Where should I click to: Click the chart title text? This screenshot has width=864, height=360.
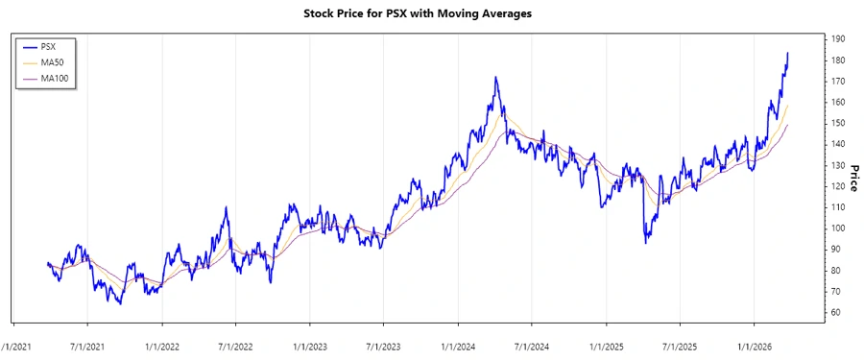pos(417,14)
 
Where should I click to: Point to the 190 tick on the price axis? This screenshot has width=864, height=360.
pos(839,38)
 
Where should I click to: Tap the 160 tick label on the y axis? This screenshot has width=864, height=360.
pos(839,102)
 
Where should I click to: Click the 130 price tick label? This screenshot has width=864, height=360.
pos(839,165)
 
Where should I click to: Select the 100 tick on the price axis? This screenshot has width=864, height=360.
pos(839,228)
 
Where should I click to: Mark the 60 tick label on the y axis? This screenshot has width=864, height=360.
pos(839,313)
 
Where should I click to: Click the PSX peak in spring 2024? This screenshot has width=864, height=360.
pos(495,78)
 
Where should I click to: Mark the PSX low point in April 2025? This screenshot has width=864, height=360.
pos(645,243)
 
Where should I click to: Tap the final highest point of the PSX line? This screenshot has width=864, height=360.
pos(788,53)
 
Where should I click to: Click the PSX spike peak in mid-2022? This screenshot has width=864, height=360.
pos(227,207)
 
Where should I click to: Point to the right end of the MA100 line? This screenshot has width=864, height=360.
pos(788,125)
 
